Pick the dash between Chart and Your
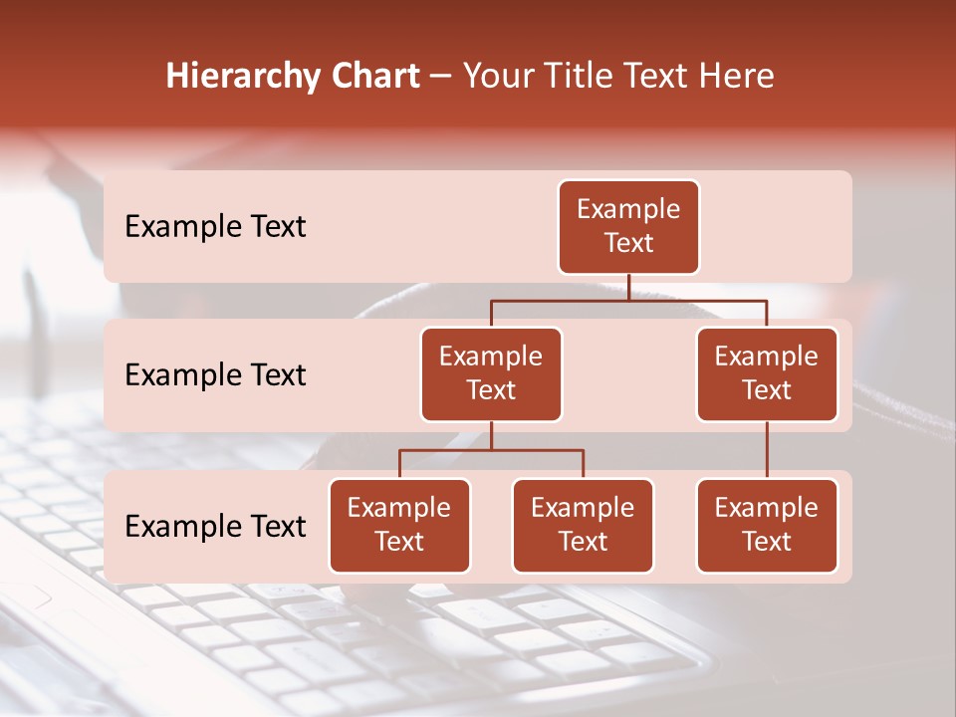click(x=441, y=77)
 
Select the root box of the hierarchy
click(x=628, y=226)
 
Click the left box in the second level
click(x=491, y=373)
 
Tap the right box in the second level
click(x=767, y=373)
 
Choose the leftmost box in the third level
click(x=399, y=525)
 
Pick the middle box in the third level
click(x=583, y=525)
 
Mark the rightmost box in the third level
click(x=767, y=525)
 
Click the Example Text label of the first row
click(x=215, y=227)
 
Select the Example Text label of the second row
click(x=215, y=375)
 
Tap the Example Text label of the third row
click(x=215, y=527)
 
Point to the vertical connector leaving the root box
click(x=628, y=287)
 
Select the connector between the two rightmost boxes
click(x=767, y=449)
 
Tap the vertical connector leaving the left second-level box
click(x=491, y=435)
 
